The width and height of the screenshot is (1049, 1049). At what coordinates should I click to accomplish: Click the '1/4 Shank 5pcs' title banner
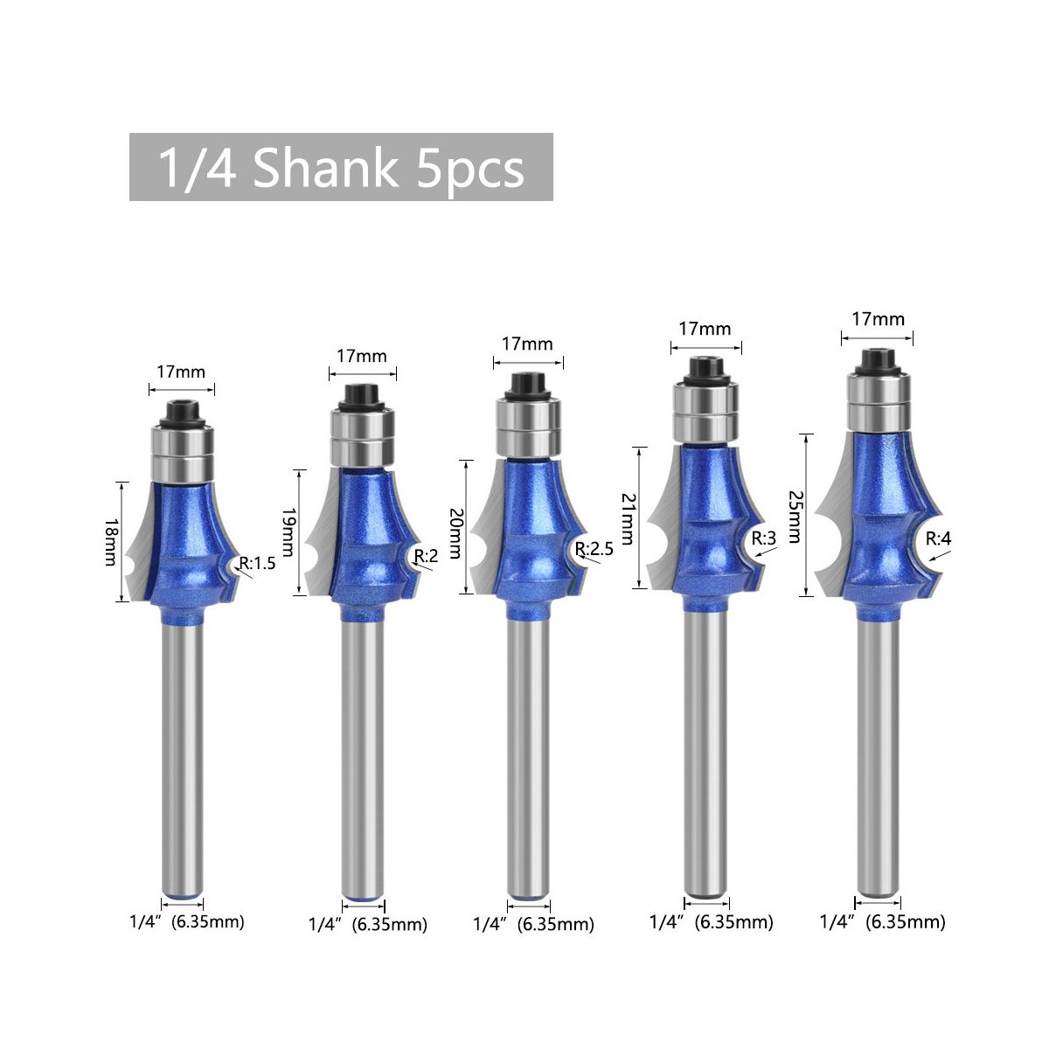[341, 167]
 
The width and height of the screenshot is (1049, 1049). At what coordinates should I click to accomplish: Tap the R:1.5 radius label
[258, 564]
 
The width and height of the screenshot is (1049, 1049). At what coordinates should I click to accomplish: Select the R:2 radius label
[426, 556]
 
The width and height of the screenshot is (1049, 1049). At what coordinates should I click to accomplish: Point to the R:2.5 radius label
[594, 548]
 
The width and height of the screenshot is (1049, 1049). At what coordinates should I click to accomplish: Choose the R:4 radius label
[939, 539]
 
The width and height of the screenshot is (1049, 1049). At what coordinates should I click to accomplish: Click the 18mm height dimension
[110, 542]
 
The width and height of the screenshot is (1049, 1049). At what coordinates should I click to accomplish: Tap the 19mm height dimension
[288, 532]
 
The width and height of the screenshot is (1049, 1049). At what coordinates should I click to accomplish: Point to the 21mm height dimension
[628, 518]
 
